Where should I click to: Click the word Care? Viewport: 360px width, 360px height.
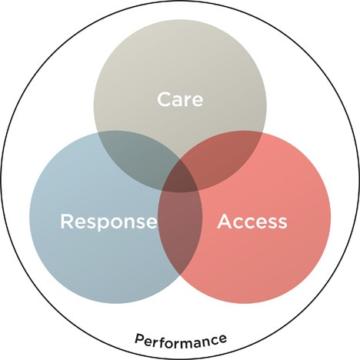point(180,99)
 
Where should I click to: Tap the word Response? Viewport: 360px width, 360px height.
point(108,222)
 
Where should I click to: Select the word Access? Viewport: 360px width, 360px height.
point(252,222)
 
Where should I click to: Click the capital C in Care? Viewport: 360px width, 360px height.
point(165,99)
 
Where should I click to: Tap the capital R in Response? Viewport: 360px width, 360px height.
point(67,222)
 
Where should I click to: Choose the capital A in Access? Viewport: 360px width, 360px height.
point(225,222)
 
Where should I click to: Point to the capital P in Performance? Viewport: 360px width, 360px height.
point(139,338)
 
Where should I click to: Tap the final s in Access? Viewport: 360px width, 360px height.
point(282,223)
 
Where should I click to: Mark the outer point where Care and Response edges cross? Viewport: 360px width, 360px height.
point(98,134)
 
